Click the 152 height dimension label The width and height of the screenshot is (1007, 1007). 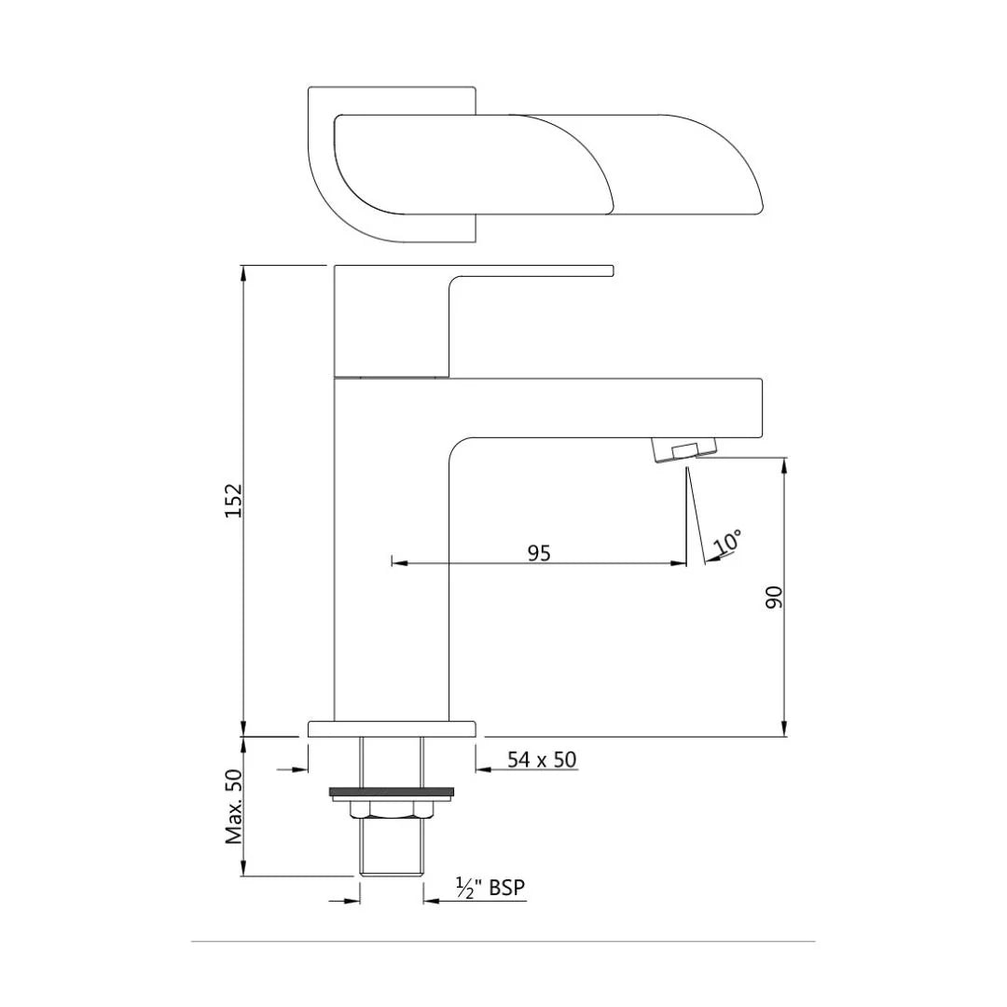(234, 500)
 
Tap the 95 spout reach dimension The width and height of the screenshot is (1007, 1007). (539, 553)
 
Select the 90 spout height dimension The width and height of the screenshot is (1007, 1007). (774, 597)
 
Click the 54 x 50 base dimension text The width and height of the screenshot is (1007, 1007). (542, 760)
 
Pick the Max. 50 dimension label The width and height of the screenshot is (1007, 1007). (234, 807)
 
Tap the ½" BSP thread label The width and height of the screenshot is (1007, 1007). (490, 889)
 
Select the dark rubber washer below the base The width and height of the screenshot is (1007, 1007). (392, 793)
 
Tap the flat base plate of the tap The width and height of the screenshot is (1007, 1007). (392, 728)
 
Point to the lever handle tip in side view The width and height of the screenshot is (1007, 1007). (610, 270)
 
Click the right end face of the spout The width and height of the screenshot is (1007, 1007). (762, 407)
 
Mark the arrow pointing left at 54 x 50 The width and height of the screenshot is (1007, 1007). (484, 770)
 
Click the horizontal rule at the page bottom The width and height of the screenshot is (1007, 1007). (504, 942)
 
